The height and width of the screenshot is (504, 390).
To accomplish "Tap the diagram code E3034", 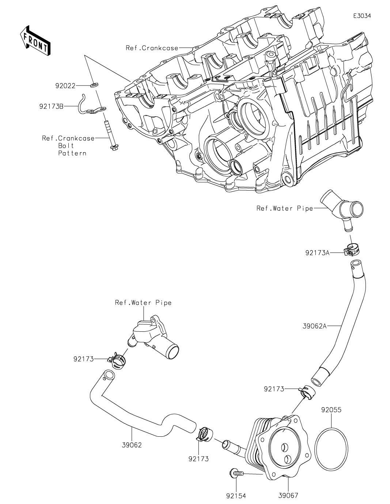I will point(362,16).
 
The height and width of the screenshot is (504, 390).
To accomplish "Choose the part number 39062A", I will point(314,326).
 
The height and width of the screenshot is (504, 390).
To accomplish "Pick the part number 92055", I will point(331,410).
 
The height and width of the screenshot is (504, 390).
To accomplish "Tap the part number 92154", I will point(236,496).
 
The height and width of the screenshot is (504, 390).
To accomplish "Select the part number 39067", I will point(288,496).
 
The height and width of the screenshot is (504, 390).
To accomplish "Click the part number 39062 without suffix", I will point(132,445).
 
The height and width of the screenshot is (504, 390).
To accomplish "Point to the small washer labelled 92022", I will point(94,85).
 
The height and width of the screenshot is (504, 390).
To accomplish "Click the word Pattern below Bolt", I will point(72,153).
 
